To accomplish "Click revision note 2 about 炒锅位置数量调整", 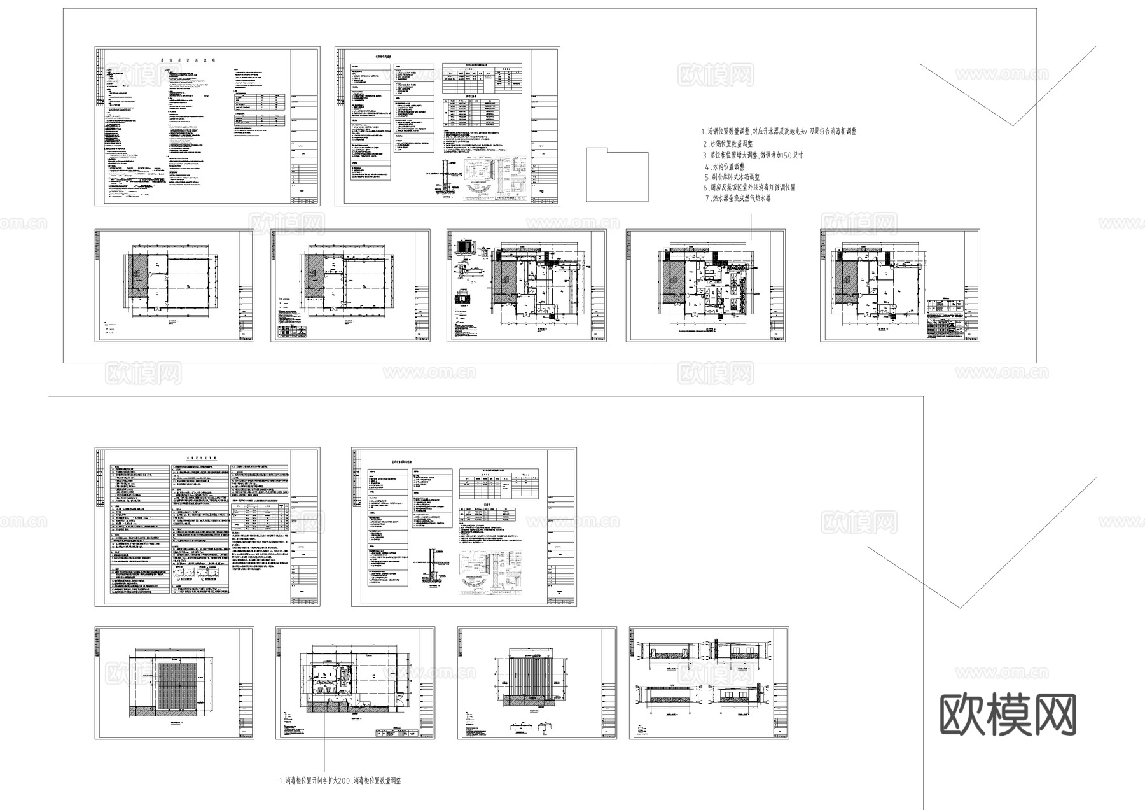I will pos(727,144).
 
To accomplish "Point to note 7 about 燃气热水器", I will pos(737,199).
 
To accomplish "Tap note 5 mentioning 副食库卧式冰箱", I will pos(732,177).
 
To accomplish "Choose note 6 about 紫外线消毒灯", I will pos(749,188).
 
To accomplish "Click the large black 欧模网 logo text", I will pos(1008,716).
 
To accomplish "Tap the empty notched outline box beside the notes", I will pos(616,175).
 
